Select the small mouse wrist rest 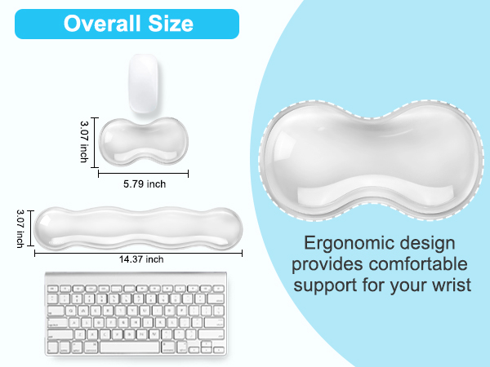[142, 140]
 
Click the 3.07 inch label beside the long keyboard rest [20, 228]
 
